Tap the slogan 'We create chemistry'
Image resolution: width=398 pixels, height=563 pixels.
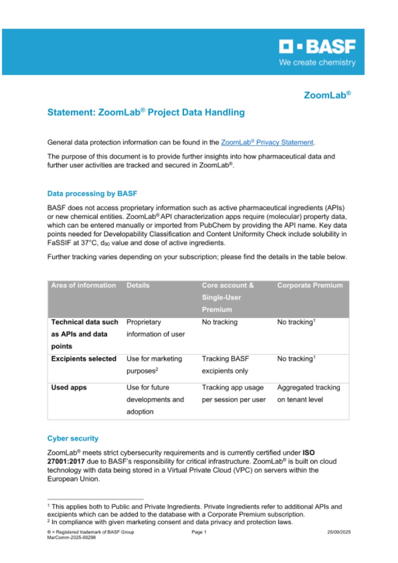pos(317,62)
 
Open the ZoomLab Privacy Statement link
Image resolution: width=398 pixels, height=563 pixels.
pos(267,143)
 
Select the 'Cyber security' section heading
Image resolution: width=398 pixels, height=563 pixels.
pos(73,439)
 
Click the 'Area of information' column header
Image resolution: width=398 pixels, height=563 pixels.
pos(84,285)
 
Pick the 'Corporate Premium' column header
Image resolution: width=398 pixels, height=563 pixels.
pos(310,285)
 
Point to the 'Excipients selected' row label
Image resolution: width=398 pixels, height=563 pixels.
pos(84,359)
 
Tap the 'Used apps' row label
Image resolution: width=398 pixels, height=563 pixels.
pos(69,388)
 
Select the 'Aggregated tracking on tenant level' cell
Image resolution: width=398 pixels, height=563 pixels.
pos(308,394)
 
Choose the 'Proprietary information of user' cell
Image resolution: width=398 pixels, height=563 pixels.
pos(156,328)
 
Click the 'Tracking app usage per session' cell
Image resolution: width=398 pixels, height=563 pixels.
pos(233,394)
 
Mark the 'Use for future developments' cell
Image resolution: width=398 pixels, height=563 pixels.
pos(155,400)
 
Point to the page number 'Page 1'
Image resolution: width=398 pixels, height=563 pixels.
pos(199,532)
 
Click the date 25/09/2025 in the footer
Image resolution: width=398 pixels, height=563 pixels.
pos(339,532)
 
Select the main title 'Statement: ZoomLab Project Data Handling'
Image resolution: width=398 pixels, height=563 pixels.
pos(146,112)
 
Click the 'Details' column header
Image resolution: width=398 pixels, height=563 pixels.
pos(138,285)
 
